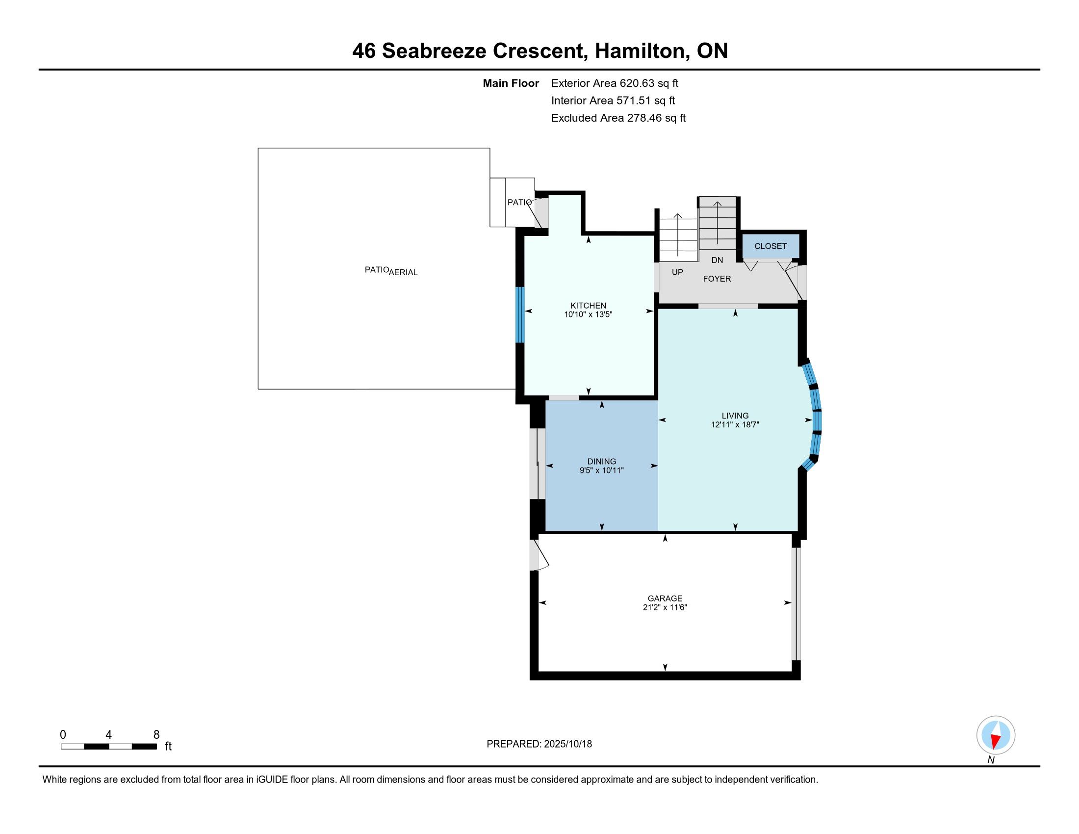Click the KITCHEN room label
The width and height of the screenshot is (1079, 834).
pyautogui.click(x=588, y=306)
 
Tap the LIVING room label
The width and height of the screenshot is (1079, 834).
pyautogui.click(x=735, y=416)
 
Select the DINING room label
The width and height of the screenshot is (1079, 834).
pyautogui.click(x=601, y=462)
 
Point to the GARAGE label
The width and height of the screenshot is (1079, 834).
pyautogui.click(x=665, y=599)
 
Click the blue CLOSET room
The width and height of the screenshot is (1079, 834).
pyautogui.click(x=771, y=246)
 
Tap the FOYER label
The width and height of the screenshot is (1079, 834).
pyautogui.click(x=717, y=279)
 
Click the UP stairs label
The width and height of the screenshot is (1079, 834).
pyautogui.click(x=677, y=272)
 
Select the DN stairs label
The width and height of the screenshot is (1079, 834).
pyautogui.click(x=717, y=260)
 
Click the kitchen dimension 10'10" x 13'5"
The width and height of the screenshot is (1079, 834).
pyautogui.click(x=588, y=314)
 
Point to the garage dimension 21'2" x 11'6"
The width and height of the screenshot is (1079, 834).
pyautogui.click(x=665, y=607)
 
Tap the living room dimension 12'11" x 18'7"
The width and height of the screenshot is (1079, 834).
pyautogui.click(x=735, y=424)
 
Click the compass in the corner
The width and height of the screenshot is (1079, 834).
pyautogui.click(x=996, y=735)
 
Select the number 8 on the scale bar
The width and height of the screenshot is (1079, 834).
pyautogui.click(x=156, y=735)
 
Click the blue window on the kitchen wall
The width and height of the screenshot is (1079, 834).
pyautogui.click(x=520, y=315)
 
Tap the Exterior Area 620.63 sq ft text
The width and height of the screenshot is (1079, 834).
pyautogui.click(x=615, y=83)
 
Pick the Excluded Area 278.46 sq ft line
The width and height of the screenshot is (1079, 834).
pyautogui.click(x=618, y=118)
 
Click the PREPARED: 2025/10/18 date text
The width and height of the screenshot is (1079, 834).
pyautogui.click(x=539, y=744)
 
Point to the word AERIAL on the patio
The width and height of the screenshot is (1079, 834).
pyautogui.click(x=403, y=272)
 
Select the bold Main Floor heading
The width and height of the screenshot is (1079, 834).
pyautogui.click(x=511, y=83)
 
